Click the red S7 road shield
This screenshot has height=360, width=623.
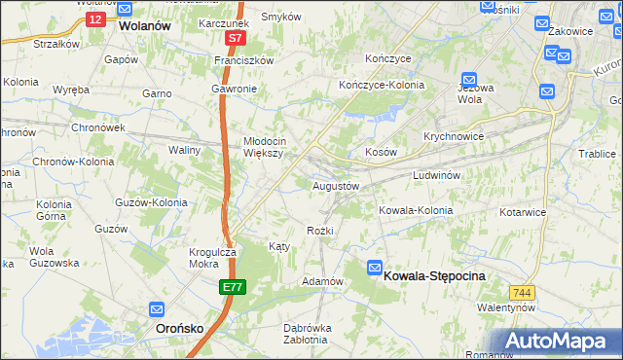[234, 39]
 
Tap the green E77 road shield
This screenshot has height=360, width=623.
[232, 287]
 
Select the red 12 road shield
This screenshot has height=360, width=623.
[94, 18]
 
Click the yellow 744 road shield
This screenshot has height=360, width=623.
[523, 291]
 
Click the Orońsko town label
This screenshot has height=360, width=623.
[180, 329]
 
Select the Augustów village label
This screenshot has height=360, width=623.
[336, 185]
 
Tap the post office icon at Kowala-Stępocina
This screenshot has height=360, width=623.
[376, 268]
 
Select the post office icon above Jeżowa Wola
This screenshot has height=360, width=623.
[469, 80]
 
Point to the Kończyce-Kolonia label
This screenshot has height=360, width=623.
[382, 85]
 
